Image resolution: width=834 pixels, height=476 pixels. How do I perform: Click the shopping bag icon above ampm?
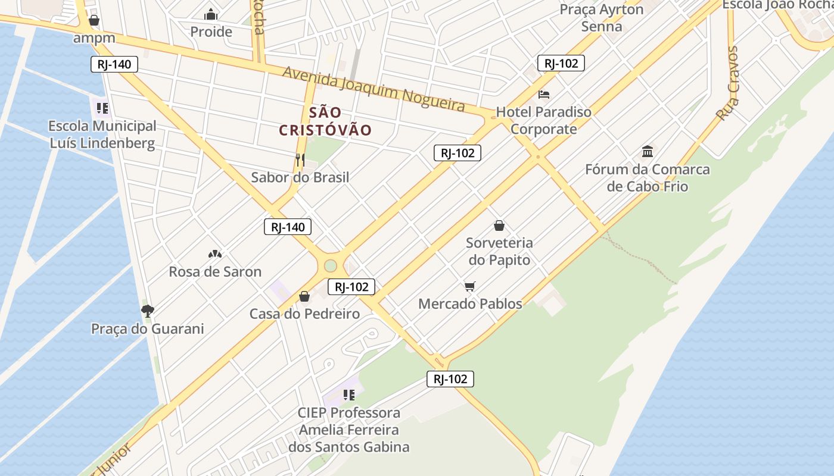pos(94,21)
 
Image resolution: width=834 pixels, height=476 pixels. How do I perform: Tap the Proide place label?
pos(211,32)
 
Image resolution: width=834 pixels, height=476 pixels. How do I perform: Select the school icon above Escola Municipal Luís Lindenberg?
pos(102,108)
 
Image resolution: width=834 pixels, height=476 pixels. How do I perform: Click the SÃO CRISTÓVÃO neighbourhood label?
pos(325,121)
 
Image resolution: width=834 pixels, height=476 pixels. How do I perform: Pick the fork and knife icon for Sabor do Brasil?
pos(300,159)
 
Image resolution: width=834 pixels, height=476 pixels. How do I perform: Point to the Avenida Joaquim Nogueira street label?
pos(374,89)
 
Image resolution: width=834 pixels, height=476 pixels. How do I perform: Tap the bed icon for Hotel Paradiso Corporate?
pos(543,95)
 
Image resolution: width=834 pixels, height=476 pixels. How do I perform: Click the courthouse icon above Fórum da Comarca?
pos(648,151)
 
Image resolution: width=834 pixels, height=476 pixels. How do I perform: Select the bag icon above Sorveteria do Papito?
pos(499,226)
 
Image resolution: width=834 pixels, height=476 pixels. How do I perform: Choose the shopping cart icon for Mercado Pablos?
pos(470,287)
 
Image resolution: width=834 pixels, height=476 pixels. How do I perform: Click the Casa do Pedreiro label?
pos(304,314)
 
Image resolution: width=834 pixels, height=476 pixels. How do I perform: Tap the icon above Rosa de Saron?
pos(215,254)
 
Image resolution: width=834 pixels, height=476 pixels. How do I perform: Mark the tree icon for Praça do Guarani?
pos(147,311)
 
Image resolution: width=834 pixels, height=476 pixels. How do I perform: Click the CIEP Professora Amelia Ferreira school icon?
pos(349,394)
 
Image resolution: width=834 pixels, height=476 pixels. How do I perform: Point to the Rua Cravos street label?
pos(728,83)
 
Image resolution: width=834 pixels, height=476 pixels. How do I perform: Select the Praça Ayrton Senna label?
pos(602,18)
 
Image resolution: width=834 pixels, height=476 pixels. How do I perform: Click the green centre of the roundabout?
pos(331,265)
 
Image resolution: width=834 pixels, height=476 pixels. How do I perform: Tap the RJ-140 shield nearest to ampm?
pos(114,64)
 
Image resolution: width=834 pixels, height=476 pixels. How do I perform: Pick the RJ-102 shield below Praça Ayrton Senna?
pos(561,63)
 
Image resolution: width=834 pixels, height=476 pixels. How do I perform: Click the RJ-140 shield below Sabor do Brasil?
pos(288,227)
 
